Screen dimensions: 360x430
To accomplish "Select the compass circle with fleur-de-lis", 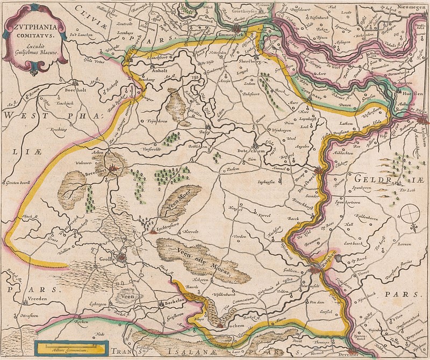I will coord(412,212).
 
